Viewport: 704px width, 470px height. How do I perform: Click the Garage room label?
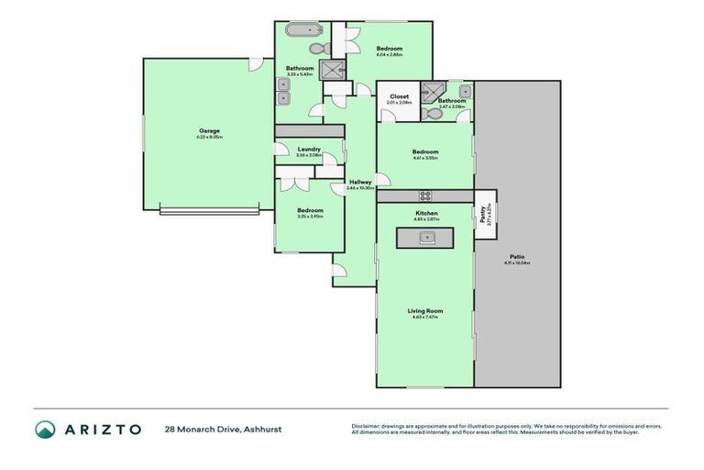(210, 130)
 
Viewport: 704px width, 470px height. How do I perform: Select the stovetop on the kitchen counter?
(425, 195)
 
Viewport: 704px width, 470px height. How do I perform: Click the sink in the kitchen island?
(425, 237)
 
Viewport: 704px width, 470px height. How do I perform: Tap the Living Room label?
(424, 311)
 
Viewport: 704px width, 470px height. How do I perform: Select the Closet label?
(399, 95)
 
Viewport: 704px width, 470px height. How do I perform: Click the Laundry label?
(308, 149)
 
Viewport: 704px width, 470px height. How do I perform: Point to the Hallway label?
(360, 182)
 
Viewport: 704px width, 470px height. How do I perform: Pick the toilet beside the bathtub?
(316, 49)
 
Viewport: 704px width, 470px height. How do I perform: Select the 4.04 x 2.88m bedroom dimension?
(389, 54)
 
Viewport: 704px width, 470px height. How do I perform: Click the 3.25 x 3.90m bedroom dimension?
(310, 217)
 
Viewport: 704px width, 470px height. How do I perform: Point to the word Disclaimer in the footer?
(368, 426)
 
